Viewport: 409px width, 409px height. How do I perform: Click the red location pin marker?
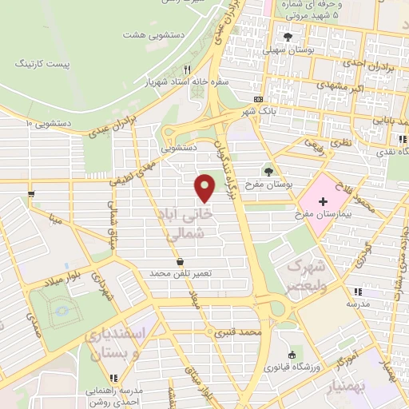click(206, 187)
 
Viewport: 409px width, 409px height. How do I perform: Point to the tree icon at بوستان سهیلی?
click(288, 36)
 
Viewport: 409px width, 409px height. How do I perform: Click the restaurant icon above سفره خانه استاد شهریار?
click(186, 70)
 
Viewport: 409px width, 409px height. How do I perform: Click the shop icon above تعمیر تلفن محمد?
click(181, 261)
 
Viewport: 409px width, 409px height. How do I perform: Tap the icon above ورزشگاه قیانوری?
click(291, 355)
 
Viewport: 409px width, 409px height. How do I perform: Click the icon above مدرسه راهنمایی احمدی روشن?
click(113, 377)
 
